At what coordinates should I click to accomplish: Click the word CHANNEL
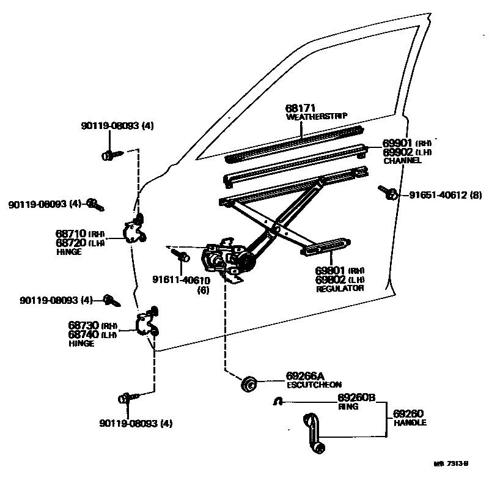pyautogui.click(x=402, y=161)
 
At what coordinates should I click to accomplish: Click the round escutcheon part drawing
pyautogui.click(x=249, y=385)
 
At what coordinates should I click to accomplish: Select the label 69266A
pyautogui.click(x=306, y=376)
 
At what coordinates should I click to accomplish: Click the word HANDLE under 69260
pyautogui.click(x=410, y=422)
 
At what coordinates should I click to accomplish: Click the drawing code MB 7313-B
pyautogui.click(x=450, y=463)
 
